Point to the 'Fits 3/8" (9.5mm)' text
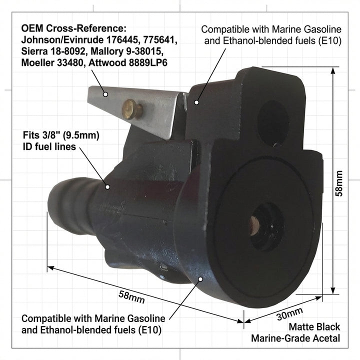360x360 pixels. click(61, 135)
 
